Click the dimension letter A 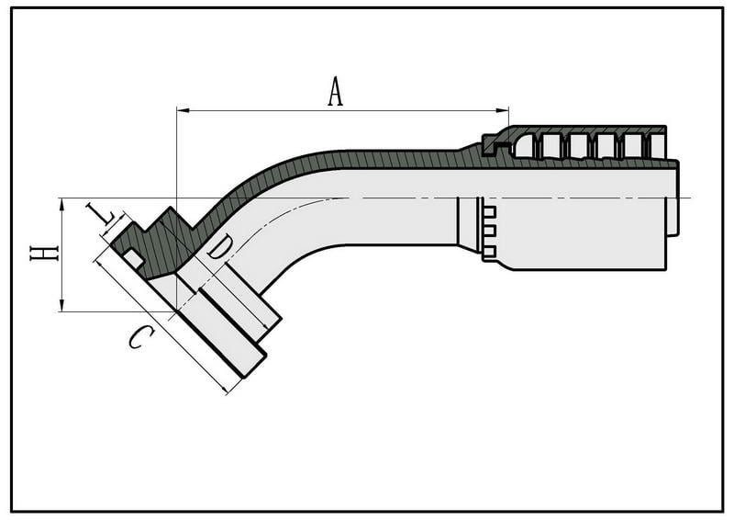[335, 92]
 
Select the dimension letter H [44, 254]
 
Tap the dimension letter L [103, 216]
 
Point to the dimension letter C [141, 337]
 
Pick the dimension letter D [219, 247]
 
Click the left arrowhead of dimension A [183, 110]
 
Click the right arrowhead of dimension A [502, 110]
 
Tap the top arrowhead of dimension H [61, 204]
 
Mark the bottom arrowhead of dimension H [61, 305]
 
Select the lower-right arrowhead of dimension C [224, 390]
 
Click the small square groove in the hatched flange [134, 259]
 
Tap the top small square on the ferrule [489, 212]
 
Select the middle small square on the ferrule [489, 232]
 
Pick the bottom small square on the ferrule [489, 252]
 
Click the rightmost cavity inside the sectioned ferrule [657, 145]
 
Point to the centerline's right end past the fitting [691, 198]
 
